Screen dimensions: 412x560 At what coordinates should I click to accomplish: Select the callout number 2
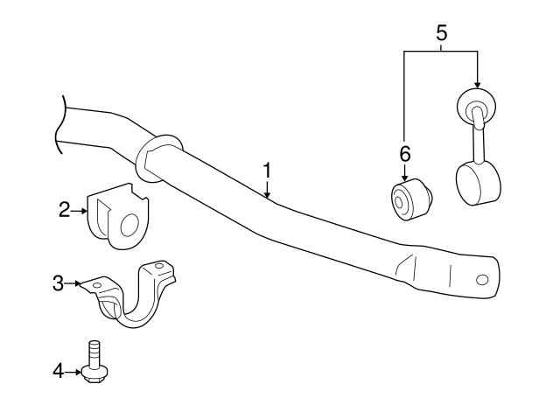tap(64, 209)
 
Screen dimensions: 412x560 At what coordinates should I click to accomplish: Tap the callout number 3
tap(58, 282)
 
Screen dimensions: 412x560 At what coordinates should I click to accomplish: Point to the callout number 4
tap(59, 372)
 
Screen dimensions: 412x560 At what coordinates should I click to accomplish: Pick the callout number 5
tap(441, 33)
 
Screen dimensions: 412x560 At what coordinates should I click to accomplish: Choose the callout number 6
tap(404, 153)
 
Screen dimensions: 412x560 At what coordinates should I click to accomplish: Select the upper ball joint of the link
tap(476, 107)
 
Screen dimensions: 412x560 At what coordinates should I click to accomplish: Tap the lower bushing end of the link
tap(479, 183)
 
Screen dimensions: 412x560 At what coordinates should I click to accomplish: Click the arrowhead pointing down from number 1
tap(269, 194)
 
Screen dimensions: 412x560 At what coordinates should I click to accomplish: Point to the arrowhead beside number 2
tap(83, 210)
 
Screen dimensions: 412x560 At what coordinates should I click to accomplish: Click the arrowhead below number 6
tap(404, 178)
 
